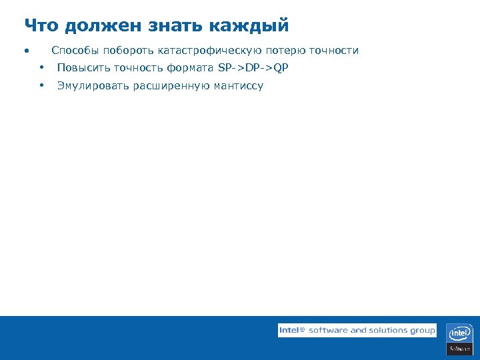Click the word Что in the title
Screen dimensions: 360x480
click(41, 26)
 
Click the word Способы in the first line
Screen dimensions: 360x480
click(75, 51)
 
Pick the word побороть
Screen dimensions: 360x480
click(128, 51)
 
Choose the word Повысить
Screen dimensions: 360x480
click(83, 68)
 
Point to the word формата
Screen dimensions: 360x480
click(191, 68)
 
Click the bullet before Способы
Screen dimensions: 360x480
click(26, 51)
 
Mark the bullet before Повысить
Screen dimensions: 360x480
click(41, 68)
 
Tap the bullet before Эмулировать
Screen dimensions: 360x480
click(41, 85)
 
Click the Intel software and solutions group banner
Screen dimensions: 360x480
click(357, 330)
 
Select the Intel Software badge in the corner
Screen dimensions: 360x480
click(460, 339)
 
